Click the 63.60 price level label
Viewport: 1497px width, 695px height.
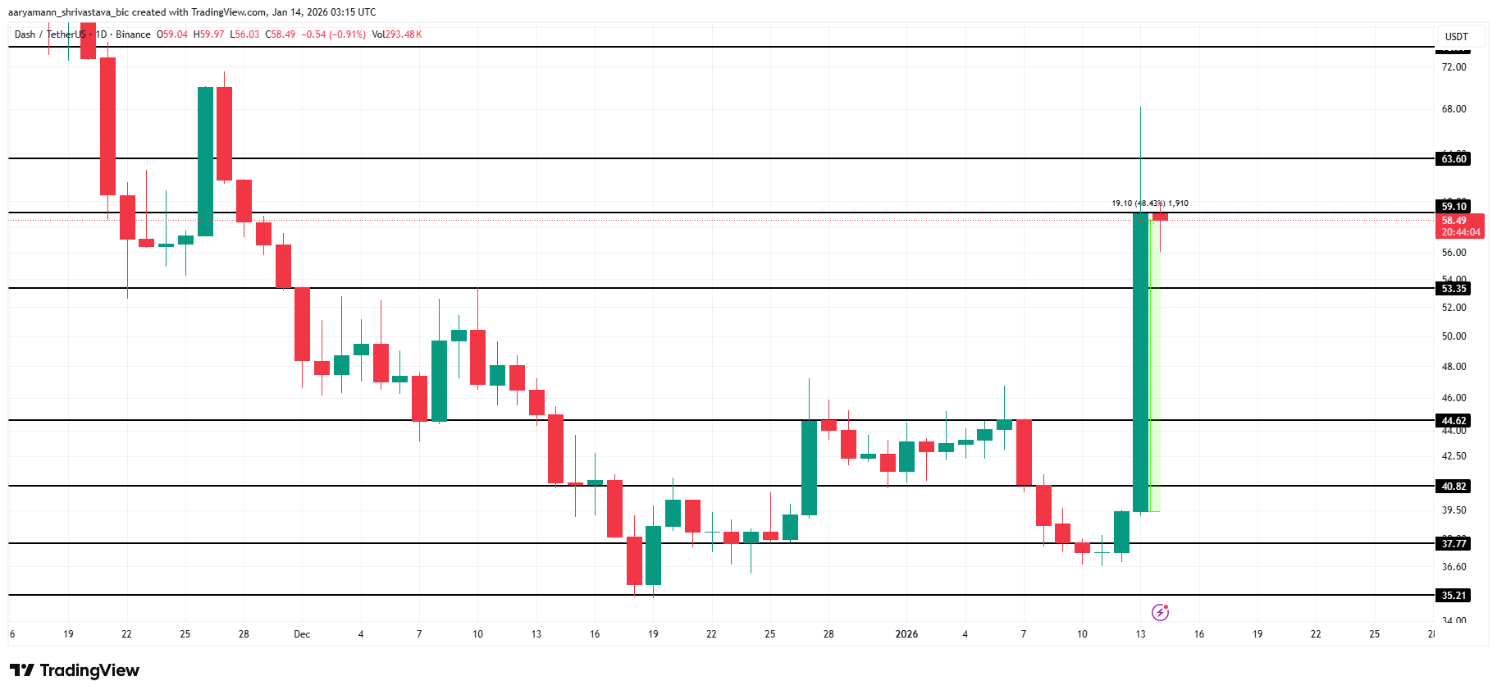click(x=1454, y=159)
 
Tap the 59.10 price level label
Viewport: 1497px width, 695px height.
click(x=1454, y=207)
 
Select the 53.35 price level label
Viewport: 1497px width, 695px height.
click(x=1454, y=289)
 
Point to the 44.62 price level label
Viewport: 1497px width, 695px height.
click(x=1454, y=421)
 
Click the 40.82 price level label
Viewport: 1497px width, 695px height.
click(x=1454, y=487)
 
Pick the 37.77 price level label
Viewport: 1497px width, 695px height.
click(x=1454, y=544)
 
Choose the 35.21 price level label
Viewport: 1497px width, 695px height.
click(x=1454, y=596)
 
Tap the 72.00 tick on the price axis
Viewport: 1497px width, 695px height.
click(x=1454, y=67)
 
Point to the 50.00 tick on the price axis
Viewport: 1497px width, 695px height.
click(x=1454, y=336)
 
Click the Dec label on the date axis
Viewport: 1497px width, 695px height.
click(x=302, y=634)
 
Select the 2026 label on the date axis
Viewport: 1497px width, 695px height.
click(x=906, y=634)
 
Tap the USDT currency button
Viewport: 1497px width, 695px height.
click(x=1456, y=37)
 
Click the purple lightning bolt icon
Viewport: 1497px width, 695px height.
click(x=1160, y=612)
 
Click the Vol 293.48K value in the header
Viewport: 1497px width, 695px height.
click(x=397, y=34)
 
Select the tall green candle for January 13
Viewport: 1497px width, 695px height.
click(x=1140, y=361)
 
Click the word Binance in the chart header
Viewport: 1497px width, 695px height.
click(x=133, y=34)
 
